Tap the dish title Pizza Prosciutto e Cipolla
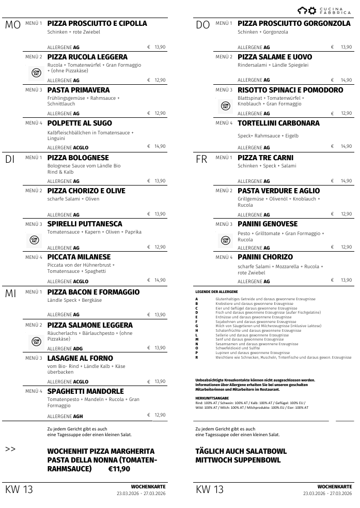tap(97, 23)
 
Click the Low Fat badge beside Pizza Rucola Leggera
tap(36, 73)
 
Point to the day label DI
tap(10, 160)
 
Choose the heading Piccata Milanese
tap(79, 257)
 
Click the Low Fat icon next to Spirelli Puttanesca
tap(34, 240)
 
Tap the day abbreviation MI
tap(11, 294)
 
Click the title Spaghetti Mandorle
tap(85, 391)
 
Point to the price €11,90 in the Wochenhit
tap(119, 469)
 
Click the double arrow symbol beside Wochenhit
tap(10, 449)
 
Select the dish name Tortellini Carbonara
tap(278, 123)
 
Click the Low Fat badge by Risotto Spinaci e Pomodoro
tap(225, 106)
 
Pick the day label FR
tap(201, 160)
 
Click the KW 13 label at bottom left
tap(19, 489)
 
